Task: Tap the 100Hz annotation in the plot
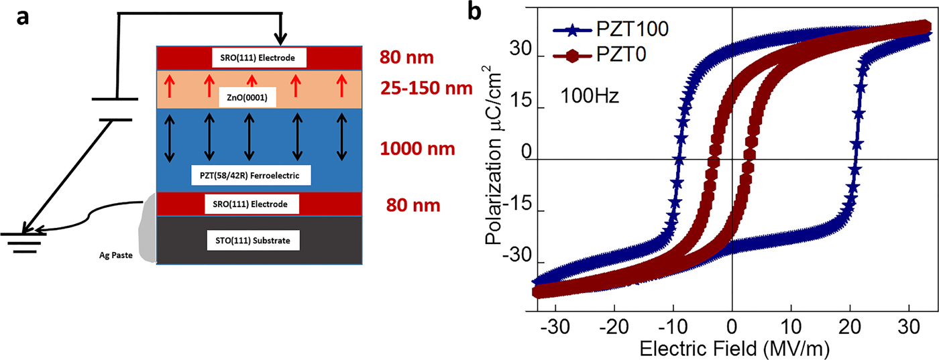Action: [590, 96]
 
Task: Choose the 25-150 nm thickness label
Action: [426, 88]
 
